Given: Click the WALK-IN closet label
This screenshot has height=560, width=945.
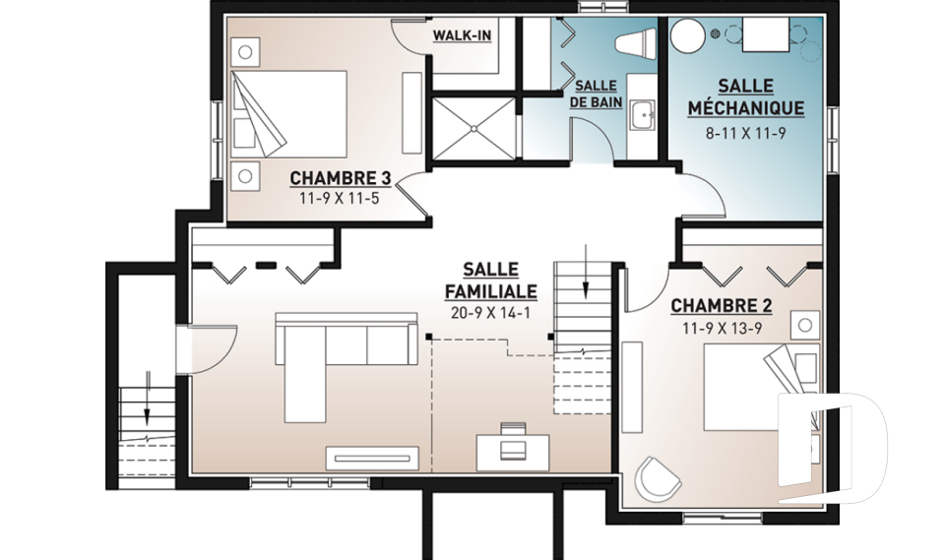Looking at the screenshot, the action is pos(462,36).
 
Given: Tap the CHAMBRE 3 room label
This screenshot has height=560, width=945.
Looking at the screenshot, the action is pos(341,178).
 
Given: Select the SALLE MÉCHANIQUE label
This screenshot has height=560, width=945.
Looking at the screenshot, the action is pos(745,97).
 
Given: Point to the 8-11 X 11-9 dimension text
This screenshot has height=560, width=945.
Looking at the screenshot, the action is pos(745,133).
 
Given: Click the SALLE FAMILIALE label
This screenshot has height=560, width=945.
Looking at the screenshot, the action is pos(490,280).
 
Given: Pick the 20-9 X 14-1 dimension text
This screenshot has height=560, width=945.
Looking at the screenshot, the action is pos(490,313).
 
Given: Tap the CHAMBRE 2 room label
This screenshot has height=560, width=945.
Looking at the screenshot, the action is pos(722,306).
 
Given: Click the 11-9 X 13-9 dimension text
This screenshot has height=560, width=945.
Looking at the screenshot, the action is pos(722,329).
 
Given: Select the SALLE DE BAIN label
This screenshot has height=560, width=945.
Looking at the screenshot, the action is pos(597,94).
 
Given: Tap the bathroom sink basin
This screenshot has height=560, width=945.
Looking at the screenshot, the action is pos(643,114).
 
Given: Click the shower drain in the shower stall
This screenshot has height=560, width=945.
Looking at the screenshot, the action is pos(474,128).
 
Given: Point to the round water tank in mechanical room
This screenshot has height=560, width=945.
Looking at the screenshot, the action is pos(688,35).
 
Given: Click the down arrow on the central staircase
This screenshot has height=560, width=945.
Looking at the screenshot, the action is pos(585,272).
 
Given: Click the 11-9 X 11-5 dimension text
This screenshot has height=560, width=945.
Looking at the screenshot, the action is pos(340,199).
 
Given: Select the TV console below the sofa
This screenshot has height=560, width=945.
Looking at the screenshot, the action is pos(372,458).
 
